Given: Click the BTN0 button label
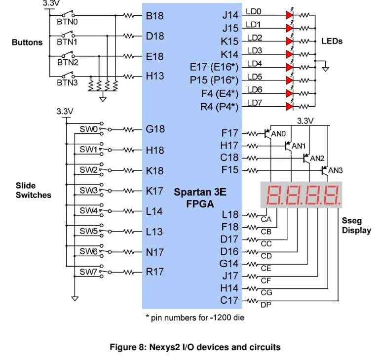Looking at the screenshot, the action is coord(67,22).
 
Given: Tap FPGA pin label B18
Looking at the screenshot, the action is coord(155,16).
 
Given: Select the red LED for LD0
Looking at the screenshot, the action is coord(289,15).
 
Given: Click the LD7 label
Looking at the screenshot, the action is coord(255,103).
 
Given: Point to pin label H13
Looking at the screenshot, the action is coord(155,77).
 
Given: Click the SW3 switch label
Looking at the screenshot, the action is coord(88,190).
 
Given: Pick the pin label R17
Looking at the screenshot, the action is coord(155,272).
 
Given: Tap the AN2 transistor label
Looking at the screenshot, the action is coord(317,159).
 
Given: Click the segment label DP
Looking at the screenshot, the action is coord(266,305).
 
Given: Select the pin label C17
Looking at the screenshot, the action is coord(229,300).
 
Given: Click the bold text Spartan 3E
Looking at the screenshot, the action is coord(200,192).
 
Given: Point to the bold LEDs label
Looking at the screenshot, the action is coord(332,41).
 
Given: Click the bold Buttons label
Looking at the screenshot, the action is coord(27,42).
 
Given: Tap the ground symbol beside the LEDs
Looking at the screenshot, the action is coord(325,69).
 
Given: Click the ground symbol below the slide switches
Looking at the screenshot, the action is coord(75,298).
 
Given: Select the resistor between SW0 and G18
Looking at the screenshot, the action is coord(129,130).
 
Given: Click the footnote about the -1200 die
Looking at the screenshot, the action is coord(195,318).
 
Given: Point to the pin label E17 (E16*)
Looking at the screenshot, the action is coord(214,67).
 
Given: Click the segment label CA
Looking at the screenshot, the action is coord(266,219).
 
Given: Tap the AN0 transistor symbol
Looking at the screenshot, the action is coord(267,133).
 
